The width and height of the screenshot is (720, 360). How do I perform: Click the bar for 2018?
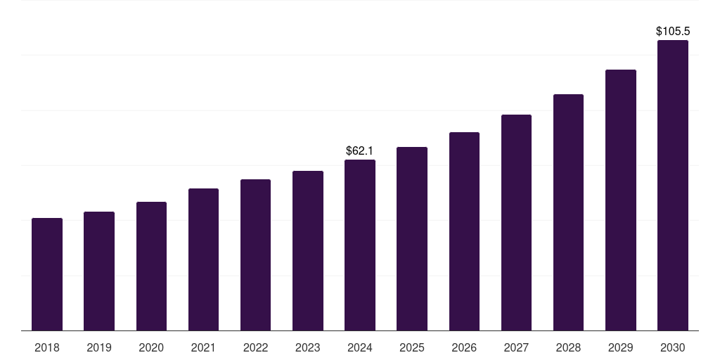pos(47,274)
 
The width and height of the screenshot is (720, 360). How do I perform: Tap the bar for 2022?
pos(255,255)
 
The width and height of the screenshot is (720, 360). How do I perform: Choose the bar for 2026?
pos(464,231)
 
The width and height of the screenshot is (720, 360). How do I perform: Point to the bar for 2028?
pos(568,212)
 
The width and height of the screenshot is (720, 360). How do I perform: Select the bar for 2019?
pos(99,271)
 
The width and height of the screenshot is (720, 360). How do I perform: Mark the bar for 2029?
pos(620,200)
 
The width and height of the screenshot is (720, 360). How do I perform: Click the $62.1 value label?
pos(359,150)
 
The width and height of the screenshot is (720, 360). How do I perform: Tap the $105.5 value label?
pos(672,32)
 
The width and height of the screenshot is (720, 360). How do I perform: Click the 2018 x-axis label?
pos(47,347)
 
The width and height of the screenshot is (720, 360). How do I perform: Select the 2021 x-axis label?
pos(203,347)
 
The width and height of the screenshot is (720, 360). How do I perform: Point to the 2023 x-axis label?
pos(307,347)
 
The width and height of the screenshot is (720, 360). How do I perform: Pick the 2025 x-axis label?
pos(412,347)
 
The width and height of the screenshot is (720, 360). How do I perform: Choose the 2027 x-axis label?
pos(516,347)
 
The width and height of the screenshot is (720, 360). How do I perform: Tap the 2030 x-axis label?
pos(672,347)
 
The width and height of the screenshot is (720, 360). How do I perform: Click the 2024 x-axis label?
pos(360,347)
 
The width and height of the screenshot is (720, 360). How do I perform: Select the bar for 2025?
pos(412,238)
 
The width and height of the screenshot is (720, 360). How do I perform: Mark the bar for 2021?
pos(203,259)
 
